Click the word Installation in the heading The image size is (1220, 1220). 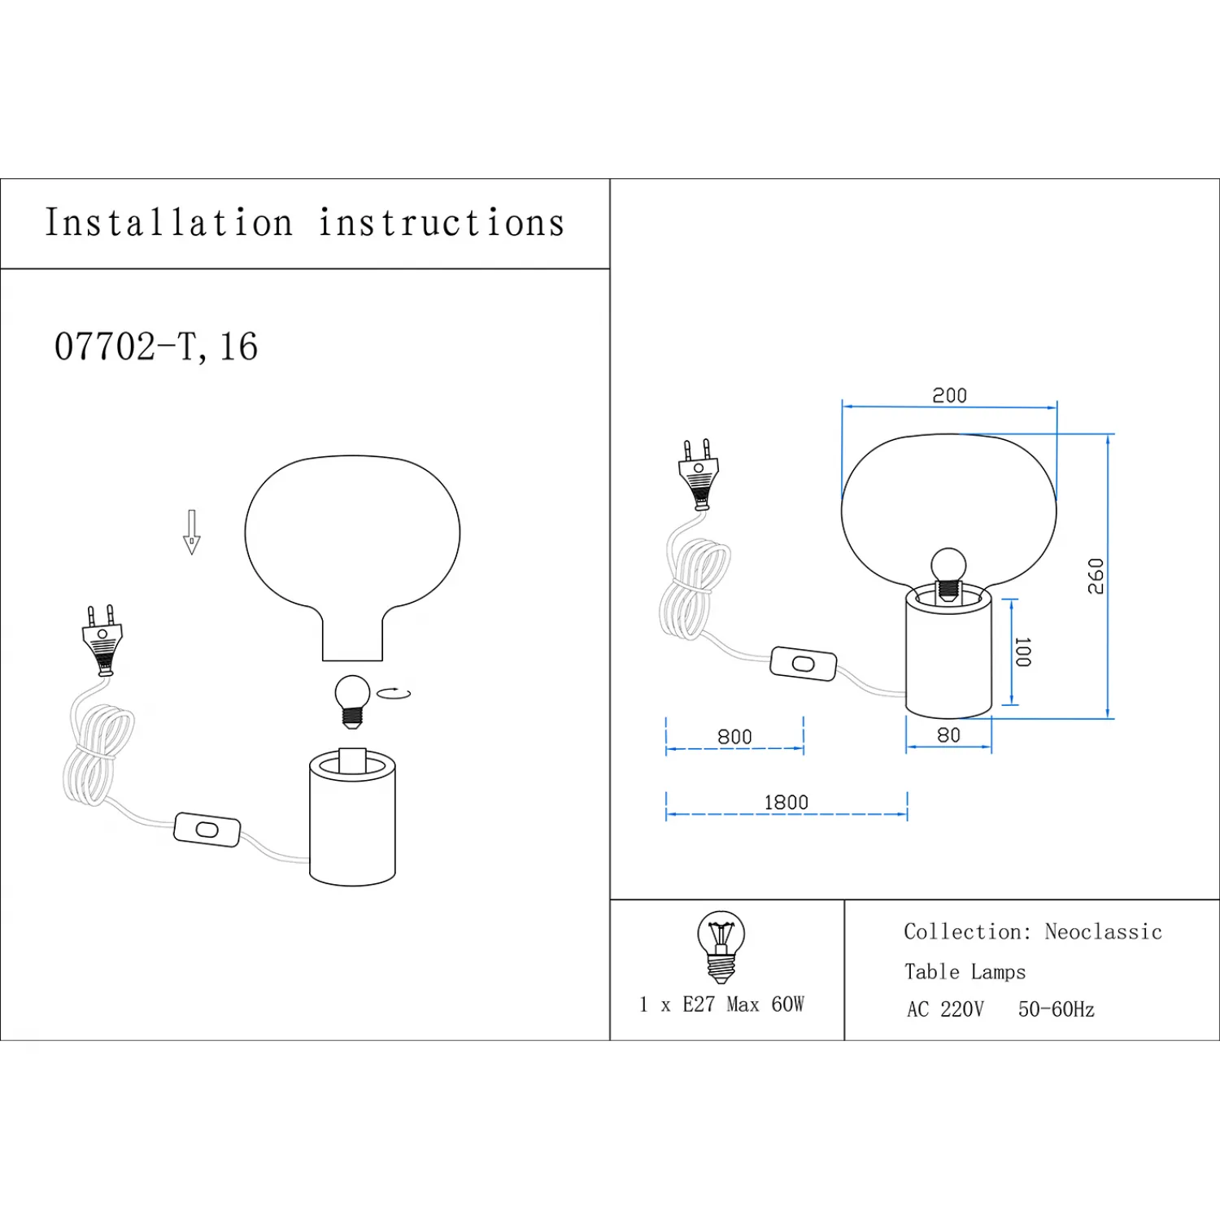pyautogui.click(x=168, y=223)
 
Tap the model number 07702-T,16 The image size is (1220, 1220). pyautogui.click(x=156, y=347)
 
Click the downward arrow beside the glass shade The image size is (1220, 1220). pyautogui.click(x=192, y=532)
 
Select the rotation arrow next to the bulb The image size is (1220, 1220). pyautogui.click(x=395, y=693)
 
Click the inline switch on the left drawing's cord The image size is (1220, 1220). pyautogui.click(x=207, y=830)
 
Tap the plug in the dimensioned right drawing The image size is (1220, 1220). pyautogui.click(x=698, y=475)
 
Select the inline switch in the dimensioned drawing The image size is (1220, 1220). pyautogui.click(x=803, y=664)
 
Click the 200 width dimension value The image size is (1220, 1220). pyautogui.click(x=949, y=396)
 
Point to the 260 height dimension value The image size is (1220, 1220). pyautogui.click(x=1096, y=576)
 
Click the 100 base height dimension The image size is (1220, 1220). pyautogui.click(x=1023, y=652)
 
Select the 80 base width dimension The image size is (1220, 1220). pyautogui.click(x=948, y=735)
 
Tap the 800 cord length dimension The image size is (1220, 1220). pyautogui.click(x=734, y=737)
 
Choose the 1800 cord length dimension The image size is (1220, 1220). pyautogui.click(x=786, y=803)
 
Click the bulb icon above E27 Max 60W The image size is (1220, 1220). pyautogui.click(x=721, y=946)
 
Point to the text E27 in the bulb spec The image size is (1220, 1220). pyautogui.click(x=698, y=1004)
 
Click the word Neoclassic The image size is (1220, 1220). pyautogui.click(x=1103, y=932)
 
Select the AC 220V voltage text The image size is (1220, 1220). pyautogui.click(x=945, y=1010)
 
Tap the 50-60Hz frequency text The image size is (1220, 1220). pyautogui.click(x=1056, y=1010)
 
